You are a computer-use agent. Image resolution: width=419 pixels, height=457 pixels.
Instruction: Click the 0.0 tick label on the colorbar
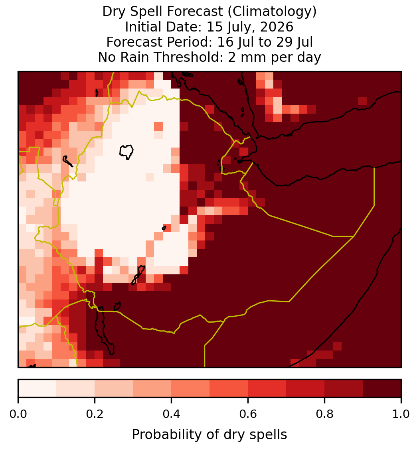click(18, 414)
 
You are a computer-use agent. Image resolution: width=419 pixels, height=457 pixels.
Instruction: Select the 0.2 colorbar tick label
click(95, 414)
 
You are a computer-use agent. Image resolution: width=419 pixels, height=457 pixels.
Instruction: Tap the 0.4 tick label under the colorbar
click(172, 414)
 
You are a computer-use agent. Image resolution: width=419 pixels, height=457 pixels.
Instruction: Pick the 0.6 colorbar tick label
click(248, 414)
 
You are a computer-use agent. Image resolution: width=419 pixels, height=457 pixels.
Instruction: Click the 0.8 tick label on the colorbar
click(324, 414)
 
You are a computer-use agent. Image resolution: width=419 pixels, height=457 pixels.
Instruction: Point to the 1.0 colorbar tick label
click(401, 414)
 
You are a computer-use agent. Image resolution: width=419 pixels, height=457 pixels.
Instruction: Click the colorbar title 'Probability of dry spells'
click(209, 435)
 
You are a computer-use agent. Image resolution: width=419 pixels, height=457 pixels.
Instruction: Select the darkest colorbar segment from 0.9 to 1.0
click(382, 388)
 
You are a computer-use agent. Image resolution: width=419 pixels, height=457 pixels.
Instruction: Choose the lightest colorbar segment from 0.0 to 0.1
click(38, 388)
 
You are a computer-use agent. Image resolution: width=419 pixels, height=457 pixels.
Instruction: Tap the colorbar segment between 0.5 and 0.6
click(229, 388)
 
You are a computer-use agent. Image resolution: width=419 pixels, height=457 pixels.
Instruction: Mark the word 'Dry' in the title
click(114, 12)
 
